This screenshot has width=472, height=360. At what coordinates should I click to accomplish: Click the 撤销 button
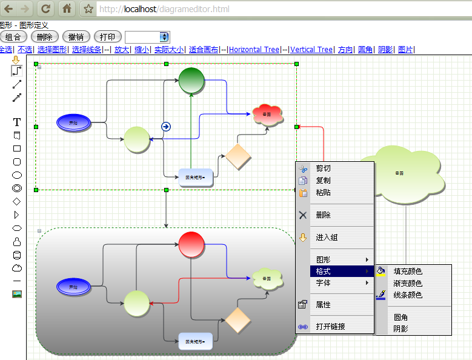point(76,37)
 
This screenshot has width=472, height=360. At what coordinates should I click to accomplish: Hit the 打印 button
point(107,37)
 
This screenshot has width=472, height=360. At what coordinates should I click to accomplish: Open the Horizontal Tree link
point(254,50)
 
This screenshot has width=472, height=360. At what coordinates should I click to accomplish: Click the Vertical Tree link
point(311,50)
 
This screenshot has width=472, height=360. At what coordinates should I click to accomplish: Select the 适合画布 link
point(204,50)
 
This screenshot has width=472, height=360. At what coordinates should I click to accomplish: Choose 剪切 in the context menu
point(324,168)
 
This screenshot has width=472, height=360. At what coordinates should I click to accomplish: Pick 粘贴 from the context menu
point(324,193)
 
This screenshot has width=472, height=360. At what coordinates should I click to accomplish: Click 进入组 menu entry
point(327,238)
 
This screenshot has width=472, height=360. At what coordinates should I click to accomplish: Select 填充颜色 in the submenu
point(408,272)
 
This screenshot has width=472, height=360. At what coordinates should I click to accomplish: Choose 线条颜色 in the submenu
point(408,295)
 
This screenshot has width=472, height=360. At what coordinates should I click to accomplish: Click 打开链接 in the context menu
point(330,327)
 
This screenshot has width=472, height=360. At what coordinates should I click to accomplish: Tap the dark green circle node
point(191,81)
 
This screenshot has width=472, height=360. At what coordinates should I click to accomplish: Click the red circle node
point(191,244)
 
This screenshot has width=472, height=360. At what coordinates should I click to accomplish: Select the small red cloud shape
point(267,114)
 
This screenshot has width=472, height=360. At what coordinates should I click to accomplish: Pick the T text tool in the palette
point(17,122)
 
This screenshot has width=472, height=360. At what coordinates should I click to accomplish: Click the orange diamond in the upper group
point(238,156)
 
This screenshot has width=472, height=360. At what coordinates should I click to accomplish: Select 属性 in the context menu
point(324,305)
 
